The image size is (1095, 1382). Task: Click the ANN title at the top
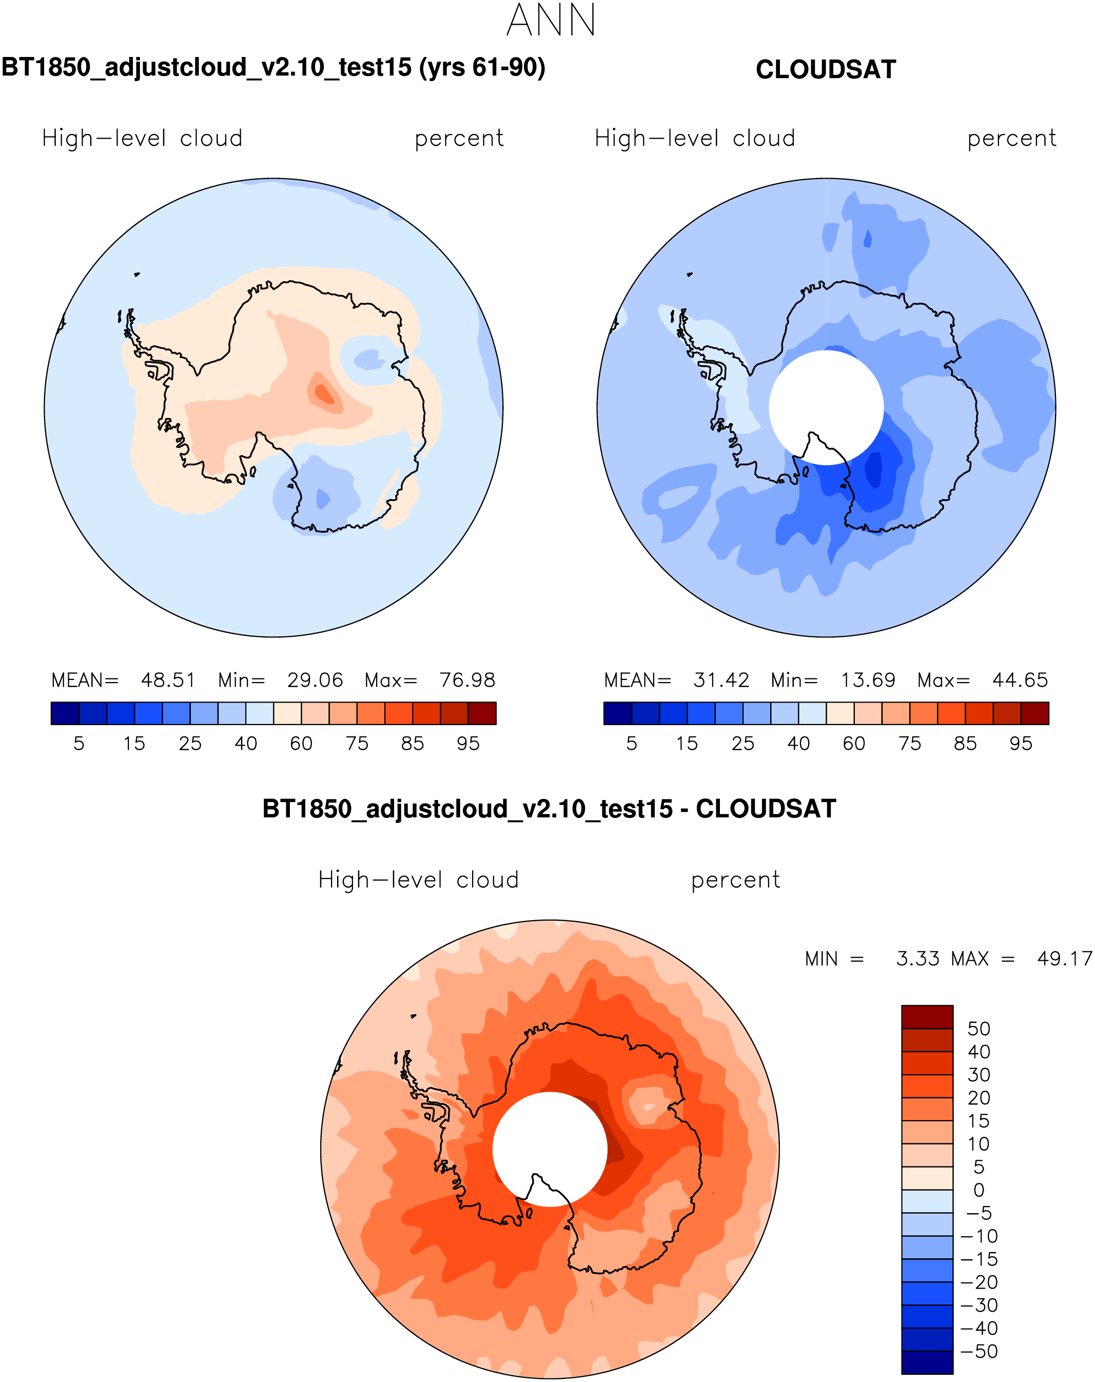pyautogui.click(x=551, y=21)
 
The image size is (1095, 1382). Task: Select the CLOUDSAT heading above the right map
pyautogui.click(x=826, y=70)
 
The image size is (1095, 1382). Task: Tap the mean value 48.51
pyautogui.click(x=168, y=680)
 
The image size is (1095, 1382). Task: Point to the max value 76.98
pyautogui.click(x=467, y=680)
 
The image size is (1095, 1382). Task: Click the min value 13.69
pyautogui.click(x=868, y=680)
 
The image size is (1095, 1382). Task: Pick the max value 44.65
pyautogui.click(x=1020, y=680)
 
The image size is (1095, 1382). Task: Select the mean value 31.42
pyautogui.click(x=721, y=680)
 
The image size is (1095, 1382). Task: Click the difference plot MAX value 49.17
pyautogui.click(x=1064, y=959)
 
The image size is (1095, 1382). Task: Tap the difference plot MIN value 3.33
pyautogui.click(x=918, y=959)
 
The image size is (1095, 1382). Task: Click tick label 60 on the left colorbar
pyautogui.click(x=301, y=744)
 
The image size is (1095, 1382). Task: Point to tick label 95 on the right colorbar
pyautogui.click(x=1021, y=744)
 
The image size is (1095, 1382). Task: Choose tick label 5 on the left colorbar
pyautogui.click(x=79, y=744)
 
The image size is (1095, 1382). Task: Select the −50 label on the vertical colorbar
pyautogui.click(x=980, y=1351)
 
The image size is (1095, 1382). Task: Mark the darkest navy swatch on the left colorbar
pyautogui.click(x=65, y=713)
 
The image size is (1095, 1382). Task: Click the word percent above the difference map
pyautogui.click(x=735, y=880)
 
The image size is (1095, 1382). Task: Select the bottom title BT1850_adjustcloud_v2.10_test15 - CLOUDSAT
pyautogui.click(x=550, y=809)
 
